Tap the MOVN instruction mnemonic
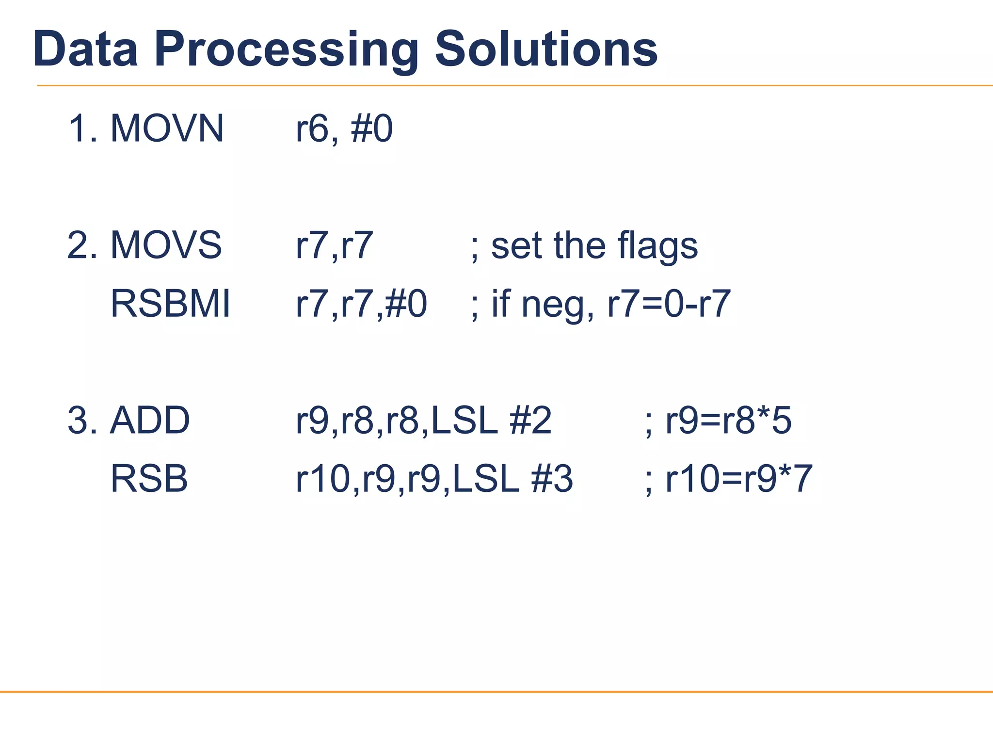click(167, 129)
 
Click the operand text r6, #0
click(344, 129)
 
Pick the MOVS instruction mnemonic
click(166, 245)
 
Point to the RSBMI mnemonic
click(171, 304)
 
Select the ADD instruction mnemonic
click(150, 420)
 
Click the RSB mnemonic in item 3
click(149, 479)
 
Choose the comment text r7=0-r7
click(669, 304)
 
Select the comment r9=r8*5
click(728, 420)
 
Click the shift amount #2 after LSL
click(530, 420)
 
